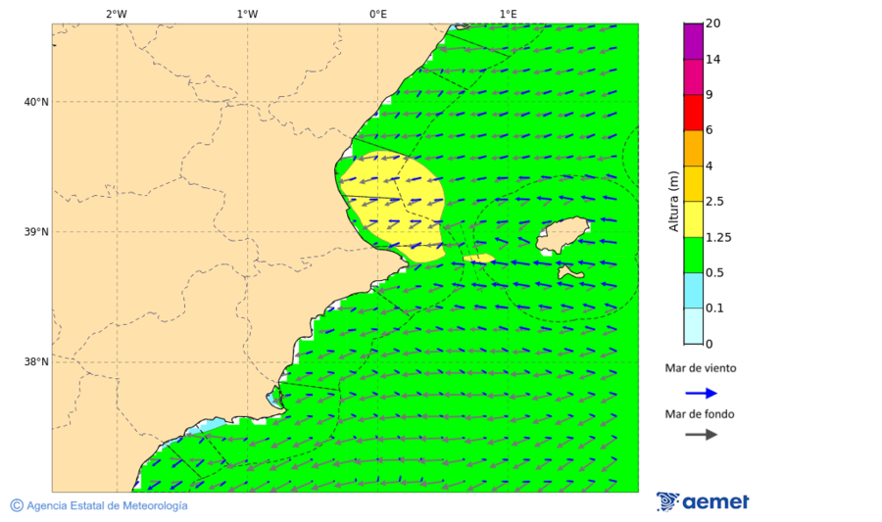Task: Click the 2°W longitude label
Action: point(116,14)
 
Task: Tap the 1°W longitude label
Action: point(247,14)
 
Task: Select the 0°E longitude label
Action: point(377,14)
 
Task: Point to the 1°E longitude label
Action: point(508,14)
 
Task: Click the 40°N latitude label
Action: point(35,102)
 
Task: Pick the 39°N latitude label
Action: point(35,232)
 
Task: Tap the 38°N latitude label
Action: point(35,362)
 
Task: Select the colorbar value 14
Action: point(713,60)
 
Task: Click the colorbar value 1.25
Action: point(719,237)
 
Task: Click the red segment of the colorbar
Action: point(694,113)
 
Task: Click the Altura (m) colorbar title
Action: point(673,202)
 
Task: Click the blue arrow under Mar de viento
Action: point(701,393)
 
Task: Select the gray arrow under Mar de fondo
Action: point(701,435)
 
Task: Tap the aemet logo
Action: point(703,501)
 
